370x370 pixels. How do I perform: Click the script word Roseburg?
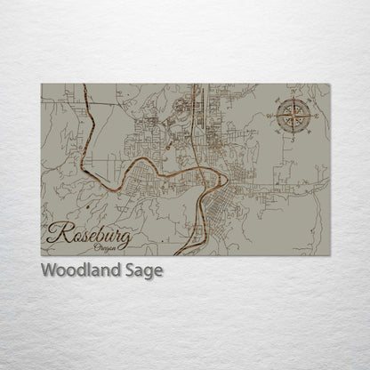tap(89, 237)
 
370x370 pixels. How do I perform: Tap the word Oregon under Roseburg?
tap(102, 249)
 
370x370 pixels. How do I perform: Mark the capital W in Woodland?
tap(48, 270)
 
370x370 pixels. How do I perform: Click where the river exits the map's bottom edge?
tap(178, 255)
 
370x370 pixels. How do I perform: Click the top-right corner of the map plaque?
tap(330, 84)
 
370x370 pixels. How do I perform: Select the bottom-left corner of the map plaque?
tap(41, 256)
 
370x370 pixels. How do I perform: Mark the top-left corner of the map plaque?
tap(41, 84)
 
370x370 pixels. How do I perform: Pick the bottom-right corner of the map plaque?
tap(330, 256)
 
